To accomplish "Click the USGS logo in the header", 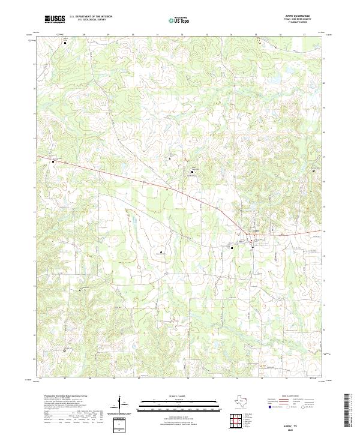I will click(55, 20).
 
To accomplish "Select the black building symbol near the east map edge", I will click(314, 170).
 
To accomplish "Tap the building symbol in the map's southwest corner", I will click(65, 349).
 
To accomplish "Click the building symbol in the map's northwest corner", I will click(65, 43).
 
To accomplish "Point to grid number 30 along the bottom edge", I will click(139, 379).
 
